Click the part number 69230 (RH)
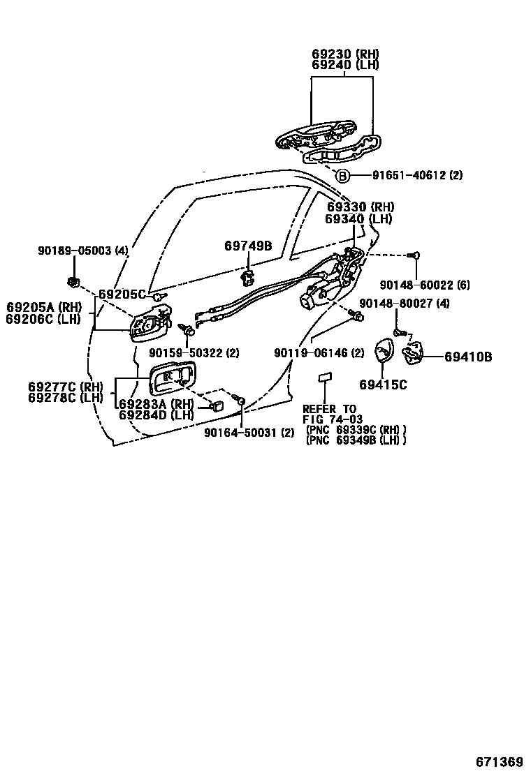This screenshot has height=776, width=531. [x=345, y=54]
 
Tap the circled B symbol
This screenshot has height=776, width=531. [x=342, y=176]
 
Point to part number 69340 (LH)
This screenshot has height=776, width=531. [x=359, y=219]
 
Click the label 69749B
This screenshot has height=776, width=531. [x=248, y=246]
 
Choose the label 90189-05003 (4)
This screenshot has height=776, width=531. [x=83, y=251]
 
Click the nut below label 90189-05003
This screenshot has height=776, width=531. [x=72, y=282]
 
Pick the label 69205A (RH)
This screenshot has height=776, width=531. [x=44, y=307]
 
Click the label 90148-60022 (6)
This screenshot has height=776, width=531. [x=416, y=285]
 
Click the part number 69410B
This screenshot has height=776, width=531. [x=468, y=357]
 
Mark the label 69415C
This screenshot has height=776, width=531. [x=384, y=385]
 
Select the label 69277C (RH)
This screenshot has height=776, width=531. [x=66, y=387]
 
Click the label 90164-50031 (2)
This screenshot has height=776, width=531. [x=249, y=433]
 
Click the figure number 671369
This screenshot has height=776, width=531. [x=500, y=761]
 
